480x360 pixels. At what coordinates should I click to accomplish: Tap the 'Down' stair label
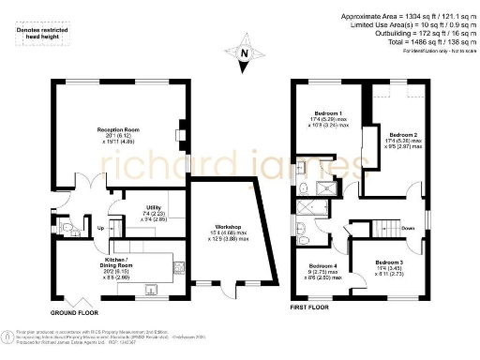[x=408, y=228]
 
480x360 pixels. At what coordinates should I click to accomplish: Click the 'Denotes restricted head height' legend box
[x=43, y=35]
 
